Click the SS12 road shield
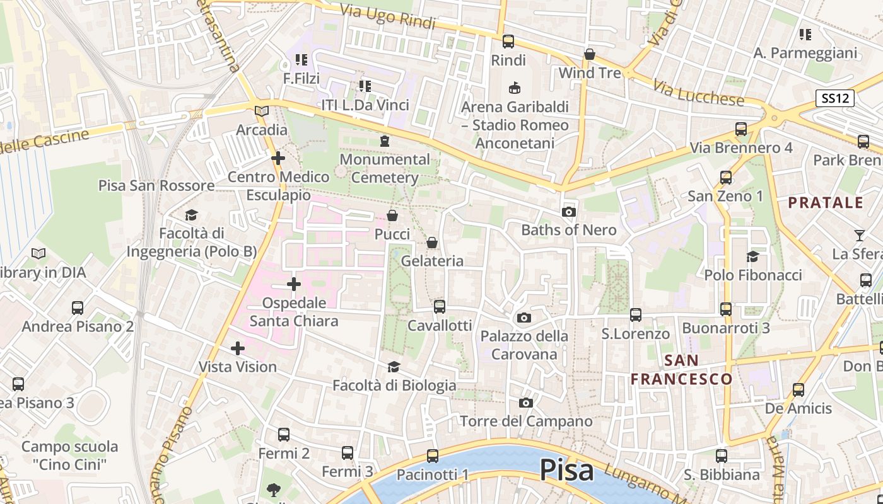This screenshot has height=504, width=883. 836,98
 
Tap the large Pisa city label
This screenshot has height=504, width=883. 566,470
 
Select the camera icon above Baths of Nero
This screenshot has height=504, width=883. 569,212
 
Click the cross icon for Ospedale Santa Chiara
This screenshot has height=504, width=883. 294,284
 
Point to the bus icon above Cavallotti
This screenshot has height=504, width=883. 440,307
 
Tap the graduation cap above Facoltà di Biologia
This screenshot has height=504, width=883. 394,367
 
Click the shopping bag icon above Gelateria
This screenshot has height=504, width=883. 432,243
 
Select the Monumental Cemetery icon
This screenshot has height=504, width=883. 385,141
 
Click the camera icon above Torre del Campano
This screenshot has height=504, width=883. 526,403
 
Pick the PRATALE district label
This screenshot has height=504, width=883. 825,203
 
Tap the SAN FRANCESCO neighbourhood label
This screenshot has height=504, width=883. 682,370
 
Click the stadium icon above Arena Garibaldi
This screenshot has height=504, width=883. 515,88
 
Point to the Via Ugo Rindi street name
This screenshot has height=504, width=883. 388,17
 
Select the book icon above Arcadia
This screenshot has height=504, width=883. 262,112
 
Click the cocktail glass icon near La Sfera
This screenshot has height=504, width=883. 859,236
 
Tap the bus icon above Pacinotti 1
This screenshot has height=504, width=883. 433,456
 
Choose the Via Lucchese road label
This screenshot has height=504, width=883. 698,93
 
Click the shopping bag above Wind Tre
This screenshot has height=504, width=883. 590,55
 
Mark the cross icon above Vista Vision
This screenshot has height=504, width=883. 238,348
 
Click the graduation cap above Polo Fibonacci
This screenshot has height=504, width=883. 752,256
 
